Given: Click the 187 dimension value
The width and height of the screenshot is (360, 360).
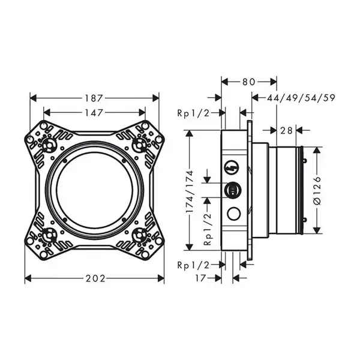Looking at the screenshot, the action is (x=94, y=98).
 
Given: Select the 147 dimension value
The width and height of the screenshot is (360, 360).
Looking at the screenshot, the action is (x=94, y=113).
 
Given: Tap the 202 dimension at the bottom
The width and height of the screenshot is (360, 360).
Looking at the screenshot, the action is (x=95, y=278).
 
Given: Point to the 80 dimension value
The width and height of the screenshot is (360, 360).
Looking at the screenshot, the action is (x=248, y=82).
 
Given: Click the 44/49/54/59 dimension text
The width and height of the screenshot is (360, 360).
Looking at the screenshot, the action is (x=301, y=98).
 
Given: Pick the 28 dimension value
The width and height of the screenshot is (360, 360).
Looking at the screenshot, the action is (x=286, y=131).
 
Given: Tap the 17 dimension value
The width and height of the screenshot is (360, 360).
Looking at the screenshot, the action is (x=200, y=278).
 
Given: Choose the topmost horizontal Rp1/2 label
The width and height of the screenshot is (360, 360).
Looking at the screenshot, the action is (x=193, y=113).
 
